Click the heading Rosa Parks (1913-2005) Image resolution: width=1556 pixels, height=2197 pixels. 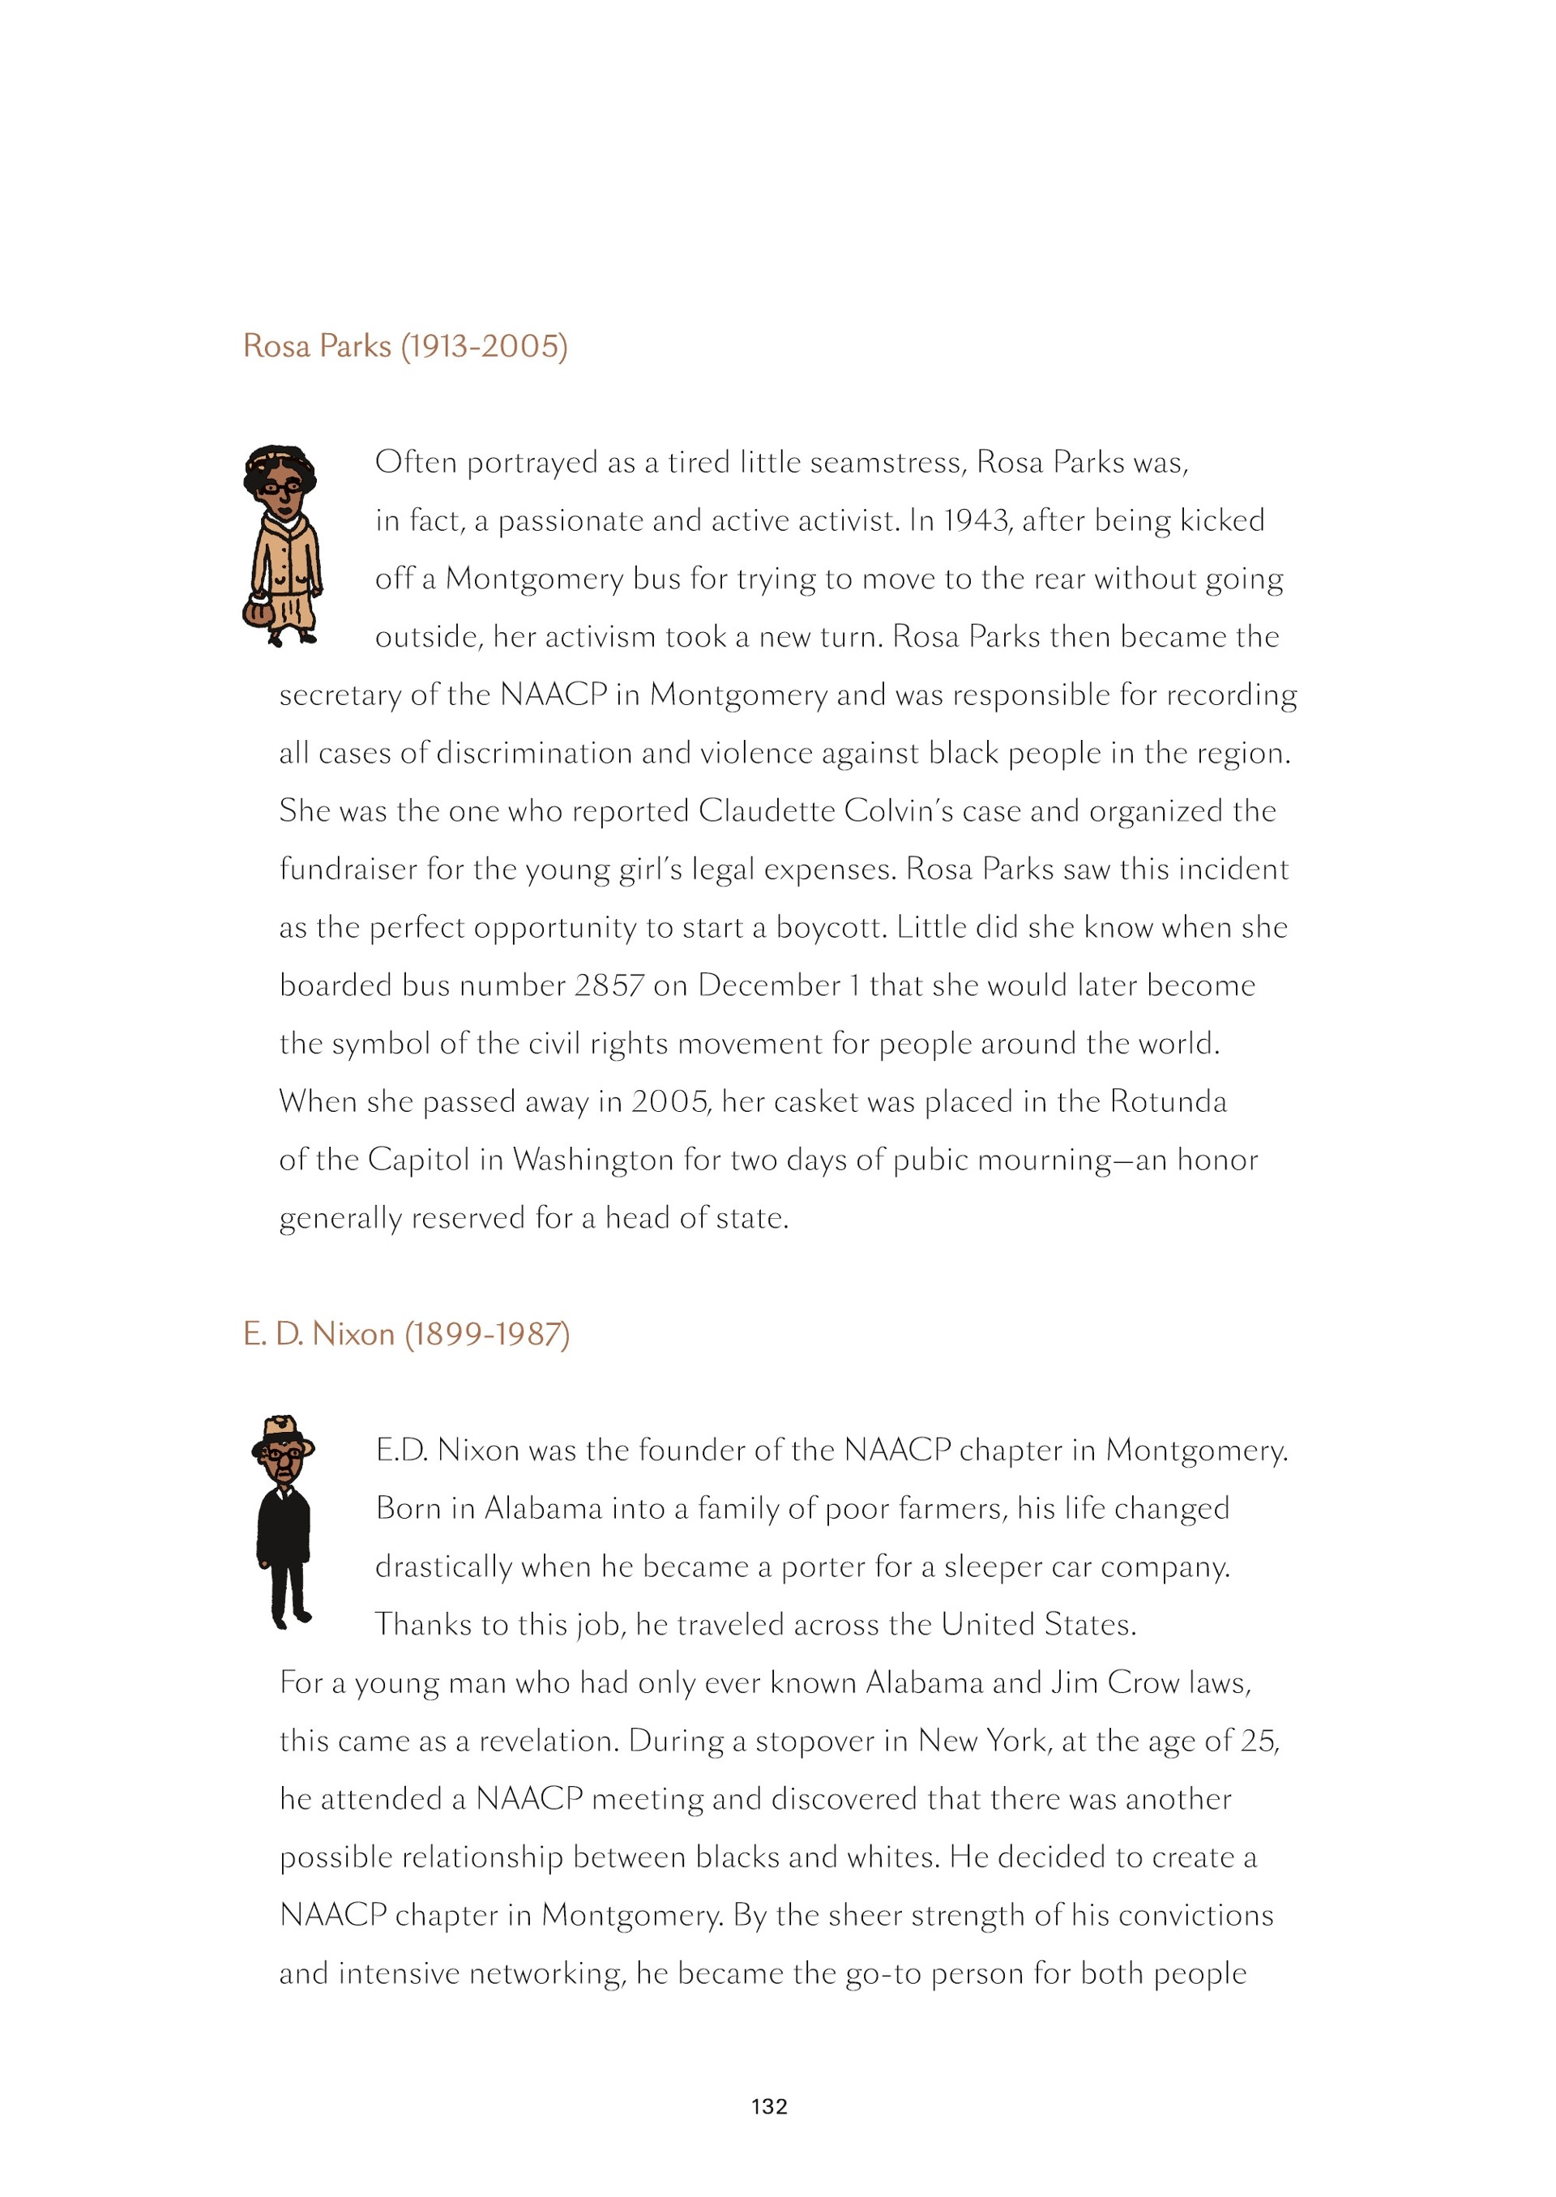[405, 346]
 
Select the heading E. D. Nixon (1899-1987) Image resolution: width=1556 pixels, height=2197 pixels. [406, 1334]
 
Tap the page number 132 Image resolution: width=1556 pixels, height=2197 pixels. [769, 2106]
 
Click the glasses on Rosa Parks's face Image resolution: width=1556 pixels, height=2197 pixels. [280, 488]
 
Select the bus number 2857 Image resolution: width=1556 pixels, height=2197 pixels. [609, 986]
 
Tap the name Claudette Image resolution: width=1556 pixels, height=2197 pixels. [767, 811]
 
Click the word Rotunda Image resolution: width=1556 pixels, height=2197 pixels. [1168, 1102]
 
